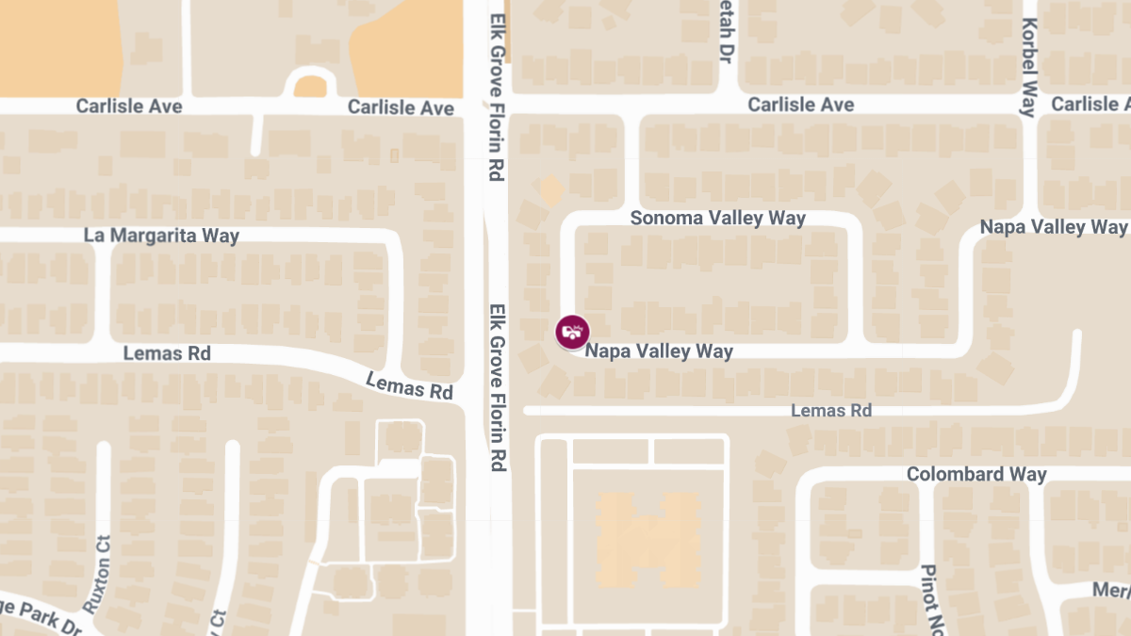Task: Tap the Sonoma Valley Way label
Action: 717,219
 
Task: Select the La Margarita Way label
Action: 161,236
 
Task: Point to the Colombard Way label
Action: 976,474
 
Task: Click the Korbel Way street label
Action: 1028,67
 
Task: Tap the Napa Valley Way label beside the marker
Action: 659,351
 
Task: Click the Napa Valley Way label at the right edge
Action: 1053,227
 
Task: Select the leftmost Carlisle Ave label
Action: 129,106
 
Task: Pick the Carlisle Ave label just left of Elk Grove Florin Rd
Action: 401,107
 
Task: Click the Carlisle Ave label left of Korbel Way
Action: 801,104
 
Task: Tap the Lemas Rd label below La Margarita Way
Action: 168,354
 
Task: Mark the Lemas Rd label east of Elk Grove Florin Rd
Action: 831,411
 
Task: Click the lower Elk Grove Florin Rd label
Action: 498,387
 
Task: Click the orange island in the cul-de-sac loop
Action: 310,87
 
